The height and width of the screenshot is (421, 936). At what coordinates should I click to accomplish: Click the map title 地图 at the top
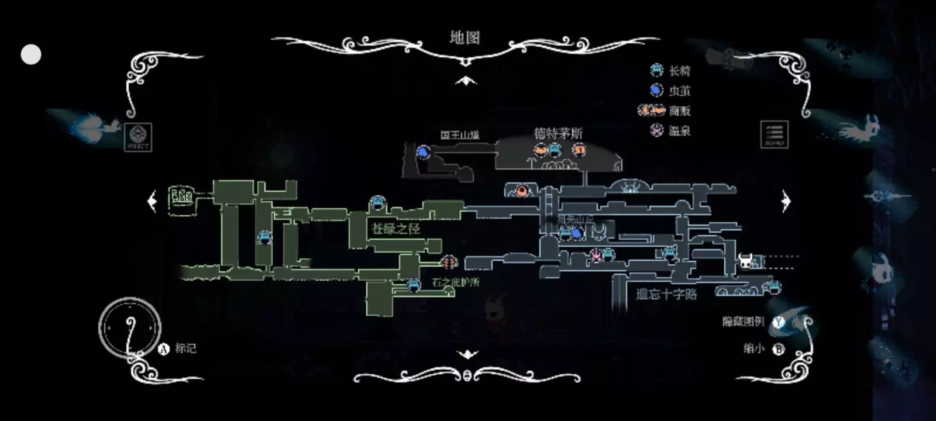pos(465,38)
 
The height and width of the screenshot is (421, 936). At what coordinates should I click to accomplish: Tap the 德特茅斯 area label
pos(558,133)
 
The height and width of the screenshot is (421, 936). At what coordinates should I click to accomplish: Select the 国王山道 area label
pos(460,135)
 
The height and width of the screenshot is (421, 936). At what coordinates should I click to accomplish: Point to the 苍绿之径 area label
pos(396,229)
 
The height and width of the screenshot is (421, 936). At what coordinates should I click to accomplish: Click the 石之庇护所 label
pos(456,282)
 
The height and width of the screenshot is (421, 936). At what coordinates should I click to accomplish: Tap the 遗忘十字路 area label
pos(666,294)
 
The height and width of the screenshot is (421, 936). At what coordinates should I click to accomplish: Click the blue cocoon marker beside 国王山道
pos(424,152)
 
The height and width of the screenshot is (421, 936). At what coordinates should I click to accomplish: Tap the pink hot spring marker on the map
pos(596,254)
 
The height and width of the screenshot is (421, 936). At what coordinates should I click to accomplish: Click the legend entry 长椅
pos(679,71)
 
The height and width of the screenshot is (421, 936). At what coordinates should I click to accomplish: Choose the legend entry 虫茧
pos(679,91)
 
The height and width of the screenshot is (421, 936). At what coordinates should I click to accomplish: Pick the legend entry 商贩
pos(679,111)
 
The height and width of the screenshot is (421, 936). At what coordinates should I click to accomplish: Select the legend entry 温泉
pos(679,130)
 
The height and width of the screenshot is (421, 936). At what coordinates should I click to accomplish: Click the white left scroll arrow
pos(152,201)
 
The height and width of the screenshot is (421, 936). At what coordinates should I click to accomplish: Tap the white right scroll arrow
pos(786,201)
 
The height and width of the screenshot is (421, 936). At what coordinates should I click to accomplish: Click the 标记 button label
pos(185,348)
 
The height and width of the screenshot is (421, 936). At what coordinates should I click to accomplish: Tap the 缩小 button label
pos(754,348)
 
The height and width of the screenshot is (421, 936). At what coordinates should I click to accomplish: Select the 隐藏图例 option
pos(744,321)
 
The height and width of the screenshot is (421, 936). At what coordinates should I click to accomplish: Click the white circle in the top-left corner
pos(31,54)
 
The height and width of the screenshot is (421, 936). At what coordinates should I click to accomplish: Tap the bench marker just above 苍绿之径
pos(378,204)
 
